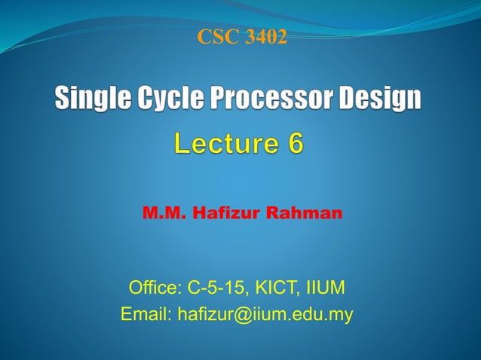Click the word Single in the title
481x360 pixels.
[90, 99]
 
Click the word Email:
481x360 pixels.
[146, 315]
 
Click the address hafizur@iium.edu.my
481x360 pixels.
[265, 315]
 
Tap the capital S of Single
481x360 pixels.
[63, 99]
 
